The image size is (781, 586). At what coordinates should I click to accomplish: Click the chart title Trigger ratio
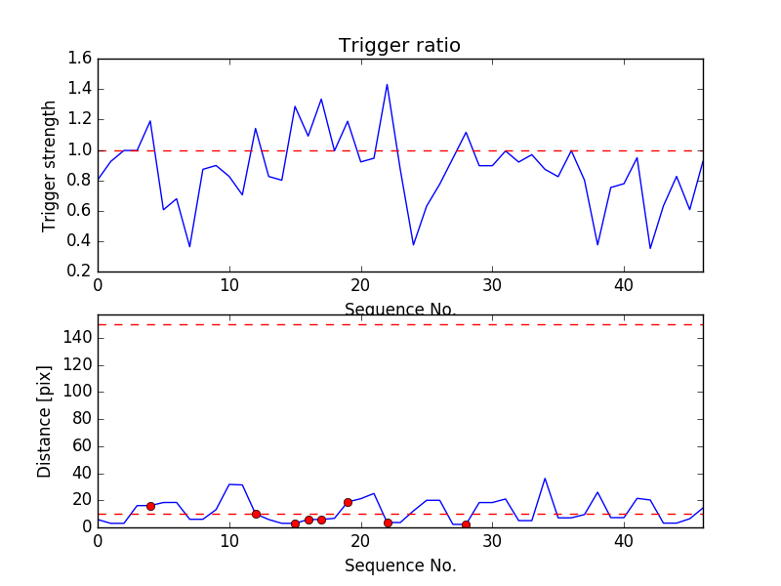click(x=399, y=46)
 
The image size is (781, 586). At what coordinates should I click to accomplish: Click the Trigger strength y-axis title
click(x=50, y=166)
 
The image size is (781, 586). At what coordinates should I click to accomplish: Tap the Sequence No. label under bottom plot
click(x=399, y=565)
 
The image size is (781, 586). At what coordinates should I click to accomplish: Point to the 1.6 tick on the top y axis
click(x=80, y=59)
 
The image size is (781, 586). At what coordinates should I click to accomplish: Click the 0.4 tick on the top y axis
click(x=80, y=241)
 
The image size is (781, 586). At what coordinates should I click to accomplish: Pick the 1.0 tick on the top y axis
click(x=80, y=150)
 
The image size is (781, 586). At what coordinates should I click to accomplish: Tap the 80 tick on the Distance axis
click(x=80, y=419)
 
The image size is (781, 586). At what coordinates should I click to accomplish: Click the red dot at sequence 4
click(x=150, y=506)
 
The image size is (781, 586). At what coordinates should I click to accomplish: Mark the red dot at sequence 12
click(x=256, y=514)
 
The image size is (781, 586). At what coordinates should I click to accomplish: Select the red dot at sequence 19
click(x=348, y=502)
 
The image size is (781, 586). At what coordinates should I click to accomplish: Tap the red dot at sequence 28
click(x=466, y=524)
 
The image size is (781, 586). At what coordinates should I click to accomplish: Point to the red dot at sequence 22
click(x=388, y=523)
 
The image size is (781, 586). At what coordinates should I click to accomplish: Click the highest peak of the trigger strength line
click(x=387, y=84)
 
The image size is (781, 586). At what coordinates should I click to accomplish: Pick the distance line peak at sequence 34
click(x=545, y=479)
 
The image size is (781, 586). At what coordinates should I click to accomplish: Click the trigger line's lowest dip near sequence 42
click(x=650, y=248)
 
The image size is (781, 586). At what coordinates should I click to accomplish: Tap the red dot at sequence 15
click(x=295, y=523)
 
